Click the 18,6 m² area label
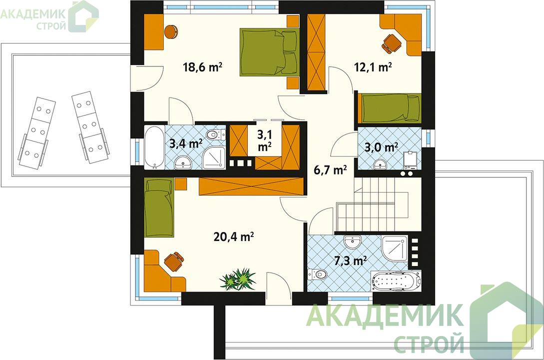pyautogui.click(x=203, y=66)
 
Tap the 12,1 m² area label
pyautogui.click(x=373, y=66)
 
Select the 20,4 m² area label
pyautogui.click(x=233, y=237)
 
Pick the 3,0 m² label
pyautogui.click(x=381, y=147)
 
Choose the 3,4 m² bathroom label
pyautogui.click(x=186, y=143)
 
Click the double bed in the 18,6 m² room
pyautogui.click(x=269, y=51)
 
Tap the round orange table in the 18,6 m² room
pyautogui.click(x=171, y=31)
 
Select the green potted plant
pyautogui.click(x=239, y=278)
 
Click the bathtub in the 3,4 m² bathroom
pyautogui.click(x=154, y=147)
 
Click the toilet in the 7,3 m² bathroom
pyautogui.click(x=317, y=274)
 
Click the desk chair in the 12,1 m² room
pyautogui.click(x=391, y=43)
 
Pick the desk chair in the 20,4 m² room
pyautogui.click(x=173, y=261)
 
